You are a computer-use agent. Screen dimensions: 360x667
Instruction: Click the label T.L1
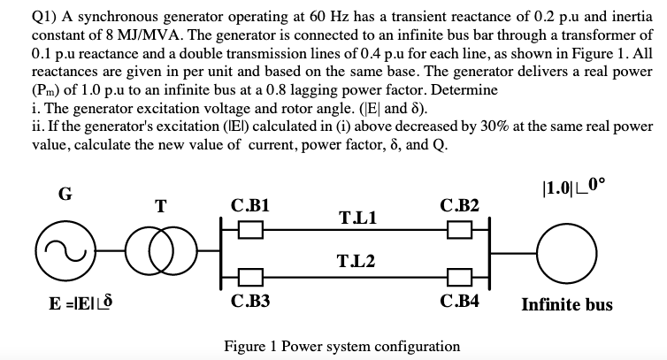pos(356,217)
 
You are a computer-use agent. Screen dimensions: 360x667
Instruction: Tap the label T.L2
pos(356,261)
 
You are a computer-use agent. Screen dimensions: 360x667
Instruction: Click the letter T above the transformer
pos(160,207)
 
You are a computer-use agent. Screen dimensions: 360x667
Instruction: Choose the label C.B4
pos(460,301)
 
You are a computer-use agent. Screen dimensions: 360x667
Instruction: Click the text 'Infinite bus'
pos(567,305)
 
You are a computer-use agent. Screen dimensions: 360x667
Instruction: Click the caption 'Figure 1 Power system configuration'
pos(342,345)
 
